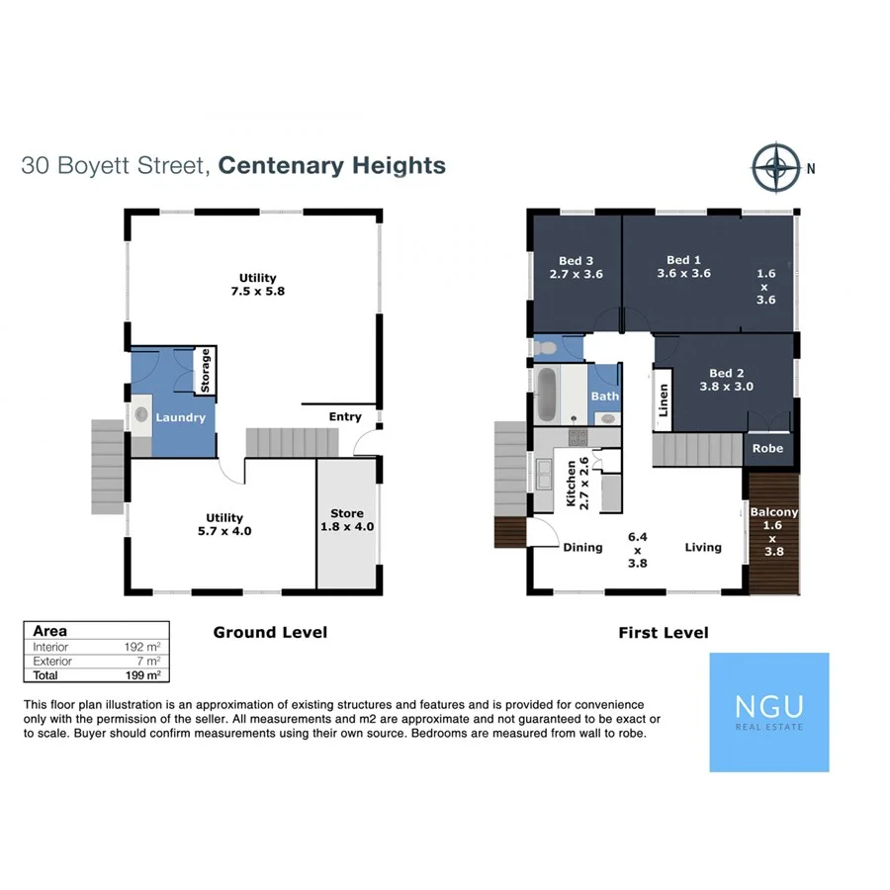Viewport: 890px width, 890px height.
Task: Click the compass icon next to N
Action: [x=776, y=167]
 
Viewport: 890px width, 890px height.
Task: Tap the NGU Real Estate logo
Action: [x=769, y=711]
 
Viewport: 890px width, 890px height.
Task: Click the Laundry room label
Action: [x=180, y=417]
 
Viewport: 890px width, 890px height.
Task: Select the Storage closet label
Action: [x=206, y=370]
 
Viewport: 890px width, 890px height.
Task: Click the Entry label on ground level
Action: [x=345, y=416]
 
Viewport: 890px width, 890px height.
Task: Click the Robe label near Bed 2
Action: [x=767, y=448]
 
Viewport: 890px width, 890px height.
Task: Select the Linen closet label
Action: [x=664, y=399]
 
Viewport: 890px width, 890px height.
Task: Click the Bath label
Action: [x=604, y=397]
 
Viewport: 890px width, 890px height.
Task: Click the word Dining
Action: [x=582, y=547]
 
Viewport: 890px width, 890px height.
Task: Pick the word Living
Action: [x=703, y=547]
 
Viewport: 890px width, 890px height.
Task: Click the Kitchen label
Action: [x=571, y=483]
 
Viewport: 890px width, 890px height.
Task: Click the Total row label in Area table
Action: [x=45, y=674]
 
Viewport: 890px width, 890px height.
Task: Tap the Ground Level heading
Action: [x=270, y=632]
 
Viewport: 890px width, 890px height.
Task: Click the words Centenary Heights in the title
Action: [x=332, y=165]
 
